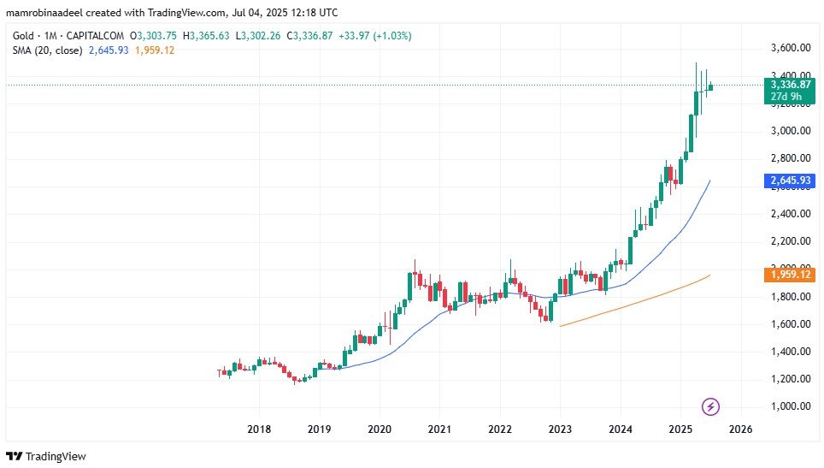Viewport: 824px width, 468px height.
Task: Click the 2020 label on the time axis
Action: click(379, 428)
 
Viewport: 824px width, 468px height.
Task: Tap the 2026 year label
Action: click(740, 428)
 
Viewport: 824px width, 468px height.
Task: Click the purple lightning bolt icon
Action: click(710, 406)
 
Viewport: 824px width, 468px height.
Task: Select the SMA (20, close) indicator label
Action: click(47, 50)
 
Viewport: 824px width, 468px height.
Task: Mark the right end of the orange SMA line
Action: click(710, 275)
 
